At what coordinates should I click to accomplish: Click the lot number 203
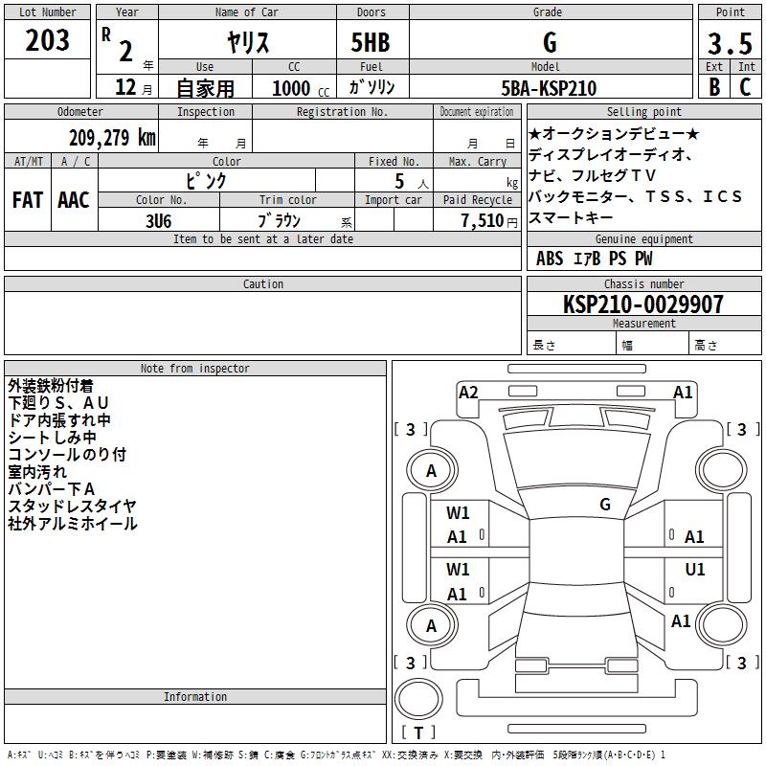coord(47,40)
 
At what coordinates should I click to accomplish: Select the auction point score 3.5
coord(730,43)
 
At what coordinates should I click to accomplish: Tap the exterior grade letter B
coord(714,87)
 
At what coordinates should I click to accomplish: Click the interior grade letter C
coord(745,87)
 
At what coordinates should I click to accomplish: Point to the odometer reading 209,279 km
coord(112,138)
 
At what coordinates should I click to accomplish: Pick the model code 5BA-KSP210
coord(549,88)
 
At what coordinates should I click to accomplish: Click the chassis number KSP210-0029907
coord(643,304)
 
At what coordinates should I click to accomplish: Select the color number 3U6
coord(158,221)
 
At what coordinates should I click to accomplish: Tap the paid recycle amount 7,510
coord(483,221)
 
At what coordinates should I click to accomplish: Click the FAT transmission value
coord(28,200)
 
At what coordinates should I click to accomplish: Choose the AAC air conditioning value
coord(74,200)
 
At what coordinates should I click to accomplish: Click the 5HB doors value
coord(371,42)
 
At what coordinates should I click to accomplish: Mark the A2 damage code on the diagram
coord(468,393)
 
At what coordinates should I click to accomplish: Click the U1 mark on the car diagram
coord(695,570)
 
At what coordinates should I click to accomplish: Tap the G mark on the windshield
coord(605,505)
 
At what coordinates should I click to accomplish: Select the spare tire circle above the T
coord(418,699)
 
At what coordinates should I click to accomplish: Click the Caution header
coord(262,283)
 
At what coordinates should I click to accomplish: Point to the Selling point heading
coord(643,111)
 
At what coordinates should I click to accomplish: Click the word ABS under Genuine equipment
coord(550,259)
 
